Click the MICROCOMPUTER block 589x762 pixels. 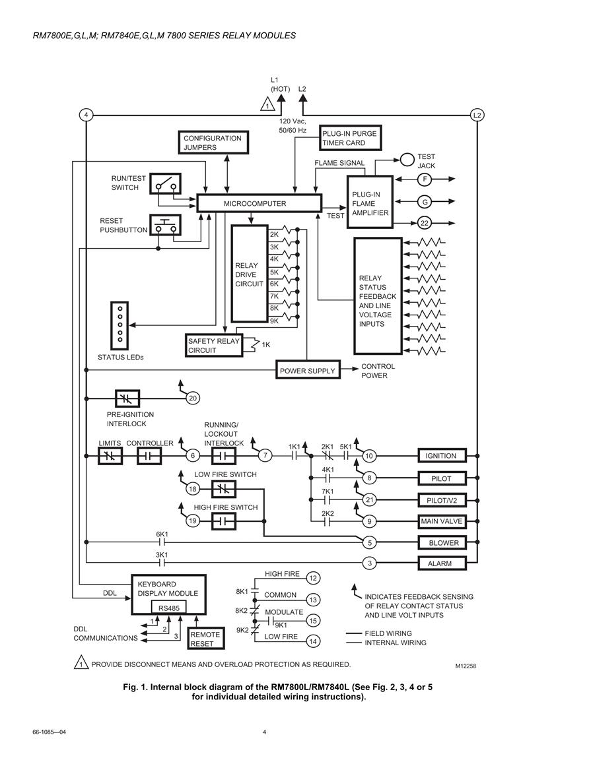(260, 203)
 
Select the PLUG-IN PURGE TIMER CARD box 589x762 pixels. (350, 138)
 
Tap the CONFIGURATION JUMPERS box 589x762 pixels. (213, 143)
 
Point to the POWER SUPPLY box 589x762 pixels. (308, 370)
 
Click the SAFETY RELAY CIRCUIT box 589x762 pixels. (214, 346)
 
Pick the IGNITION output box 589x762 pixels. (442, 456)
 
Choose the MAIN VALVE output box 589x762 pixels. (442, 521)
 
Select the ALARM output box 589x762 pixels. (442, 563)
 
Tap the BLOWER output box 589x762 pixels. (442, 542)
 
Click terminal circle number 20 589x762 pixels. (193, 398)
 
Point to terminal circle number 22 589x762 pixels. (425, 223)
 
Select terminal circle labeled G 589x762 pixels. (425, 202)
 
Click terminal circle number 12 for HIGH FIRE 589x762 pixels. (313, 578)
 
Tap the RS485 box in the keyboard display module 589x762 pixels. (169, 608)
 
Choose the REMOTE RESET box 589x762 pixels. (206, 639)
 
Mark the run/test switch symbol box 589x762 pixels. (165, 183)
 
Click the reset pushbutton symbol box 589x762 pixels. (165, 225)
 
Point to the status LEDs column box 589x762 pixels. (120, 325)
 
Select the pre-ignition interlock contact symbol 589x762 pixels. (127, 398)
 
